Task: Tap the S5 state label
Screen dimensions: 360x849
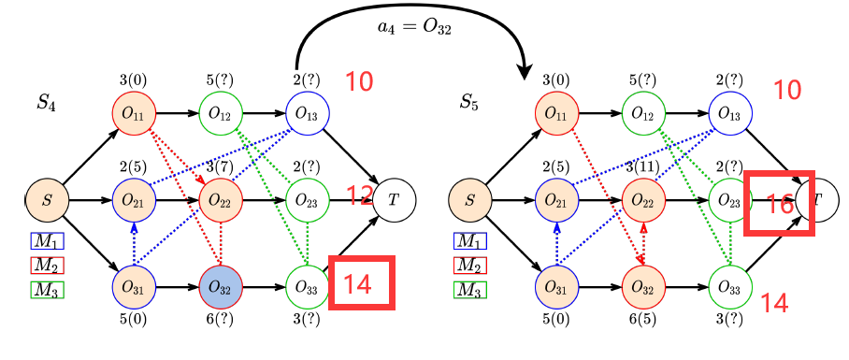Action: [470, 101]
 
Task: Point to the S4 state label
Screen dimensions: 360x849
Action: [47, 103]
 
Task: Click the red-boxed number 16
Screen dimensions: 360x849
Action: [779, 203]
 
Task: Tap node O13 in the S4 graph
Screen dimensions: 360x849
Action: [307, 113]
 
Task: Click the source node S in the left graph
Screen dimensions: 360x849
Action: [47, 199]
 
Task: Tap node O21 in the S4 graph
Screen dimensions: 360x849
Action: [134, 199]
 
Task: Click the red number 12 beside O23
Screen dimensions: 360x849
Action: [360, 196]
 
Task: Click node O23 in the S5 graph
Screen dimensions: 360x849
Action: [730, 199]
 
